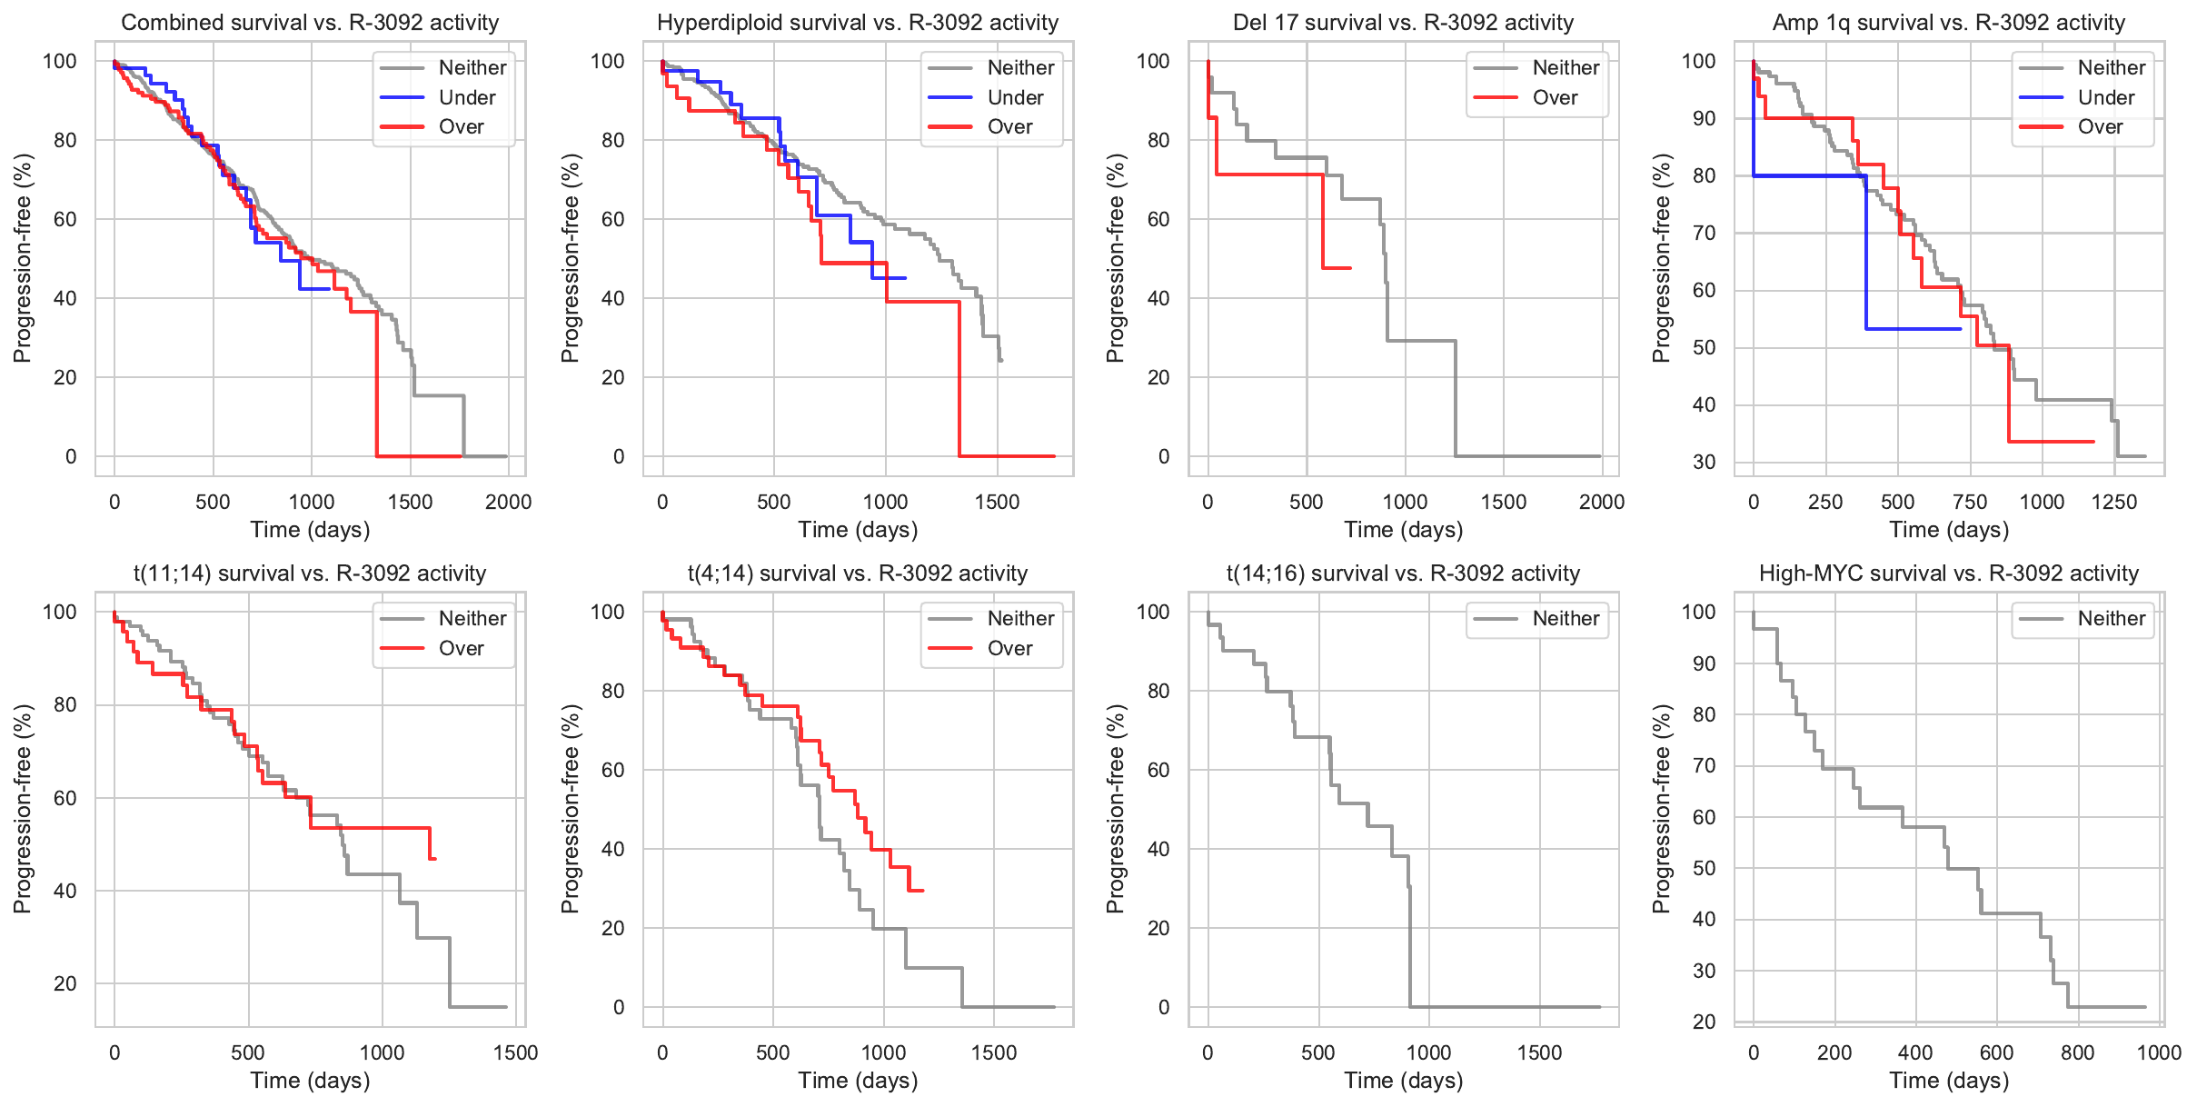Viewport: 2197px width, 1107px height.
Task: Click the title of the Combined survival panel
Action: tap(310, 23)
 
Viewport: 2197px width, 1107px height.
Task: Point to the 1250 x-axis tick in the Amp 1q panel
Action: tap(2113, 502)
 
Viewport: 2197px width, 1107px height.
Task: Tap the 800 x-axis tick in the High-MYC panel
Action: tap(2077, 1052)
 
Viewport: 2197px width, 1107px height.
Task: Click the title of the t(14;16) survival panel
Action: tap(1403, 573)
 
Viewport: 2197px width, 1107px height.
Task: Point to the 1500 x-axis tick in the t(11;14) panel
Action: tap(515, 1052)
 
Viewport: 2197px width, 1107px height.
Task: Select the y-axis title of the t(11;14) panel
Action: tap(22, 809)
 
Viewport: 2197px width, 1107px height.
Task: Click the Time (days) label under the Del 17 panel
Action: tap(1403, 530)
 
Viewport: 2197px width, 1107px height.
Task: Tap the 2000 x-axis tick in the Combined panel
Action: tap(508, 502)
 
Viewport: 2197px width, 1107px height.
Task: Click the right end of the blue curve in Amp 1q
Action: tap(1961, 329)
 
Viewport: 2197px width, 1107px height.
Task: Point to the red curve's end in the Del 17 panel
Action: tap(1350, 268)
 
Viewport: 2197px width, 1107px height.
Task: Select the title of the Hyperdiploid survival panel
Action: tap(858, 23)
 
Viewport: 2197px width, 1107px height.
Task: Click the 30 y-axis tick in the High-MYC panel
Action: tap(1698, 971)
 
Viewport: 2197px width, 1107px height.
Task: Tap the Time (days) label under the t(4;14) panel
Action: tap(858, 1081)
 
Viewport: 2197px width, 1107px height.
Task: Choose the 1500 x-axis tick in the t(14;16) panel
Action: tap(1539, 1052)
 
